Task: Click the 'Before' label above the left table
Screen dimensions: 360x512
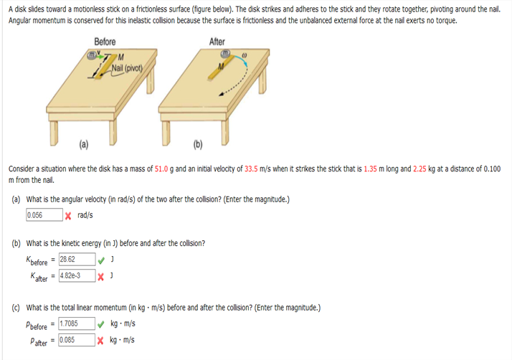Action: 105,42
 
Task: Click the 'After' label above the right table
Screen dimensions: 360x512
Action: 217,42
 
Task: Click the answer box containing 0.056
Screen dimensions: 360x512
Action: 43,215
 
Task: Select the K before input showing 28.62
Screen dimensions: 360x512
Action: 77,260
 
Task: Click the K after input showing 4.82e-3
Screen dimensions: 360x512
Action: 77,275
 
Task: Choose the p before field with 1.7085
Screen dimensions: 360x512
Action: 77,324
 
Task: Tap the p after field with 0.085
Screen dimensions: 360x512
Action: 77,340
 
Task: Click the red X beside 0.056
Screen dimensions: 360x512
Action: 67,215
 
